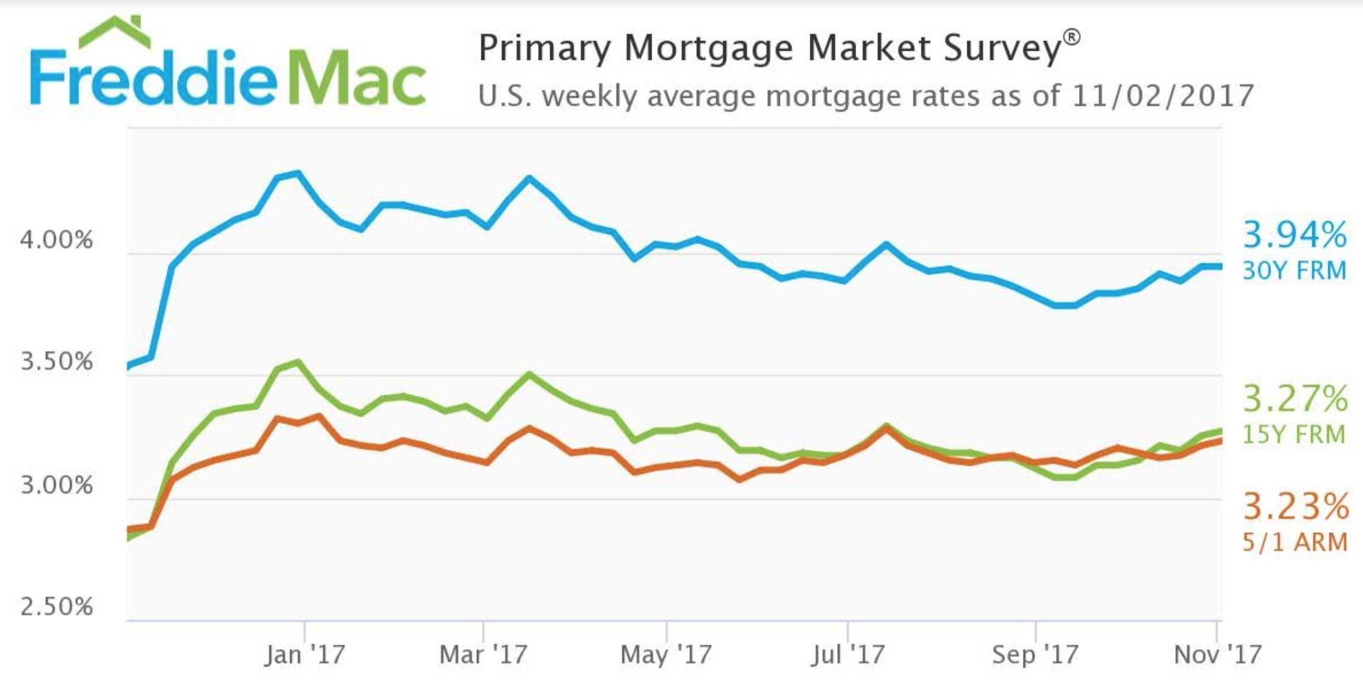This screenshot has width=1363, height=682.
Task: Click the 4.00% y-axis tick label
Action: coord(56,240)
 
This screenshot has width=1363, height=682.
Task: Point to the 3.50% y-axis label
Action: coord(56,361)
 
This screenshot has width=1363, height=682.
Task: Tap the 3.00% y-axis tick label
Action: coord(56,485)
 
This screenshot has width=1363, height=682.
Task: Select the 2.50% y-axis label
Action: coord(56,606)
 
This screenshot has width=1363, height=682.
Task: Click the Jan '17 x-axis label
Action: coord(305,654)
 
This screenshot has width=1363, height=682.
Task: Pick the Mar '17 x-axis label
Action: coord(483,654)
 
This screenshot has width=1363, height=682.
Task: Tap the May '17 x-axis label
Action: coord(666,654)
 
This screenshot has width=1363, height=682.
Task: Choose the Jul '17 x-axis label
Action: coord(848,654)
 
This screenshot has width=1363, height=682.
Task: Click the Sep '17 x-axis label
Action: coord(1035,654)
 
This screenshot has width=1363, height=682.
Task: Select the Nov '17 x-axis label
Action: coord(1218,654)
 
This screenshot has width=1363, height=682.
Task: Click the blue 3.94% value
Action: coord(1295,235)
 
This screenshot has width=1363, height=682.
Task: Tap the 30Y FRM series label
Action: coord(1295,270)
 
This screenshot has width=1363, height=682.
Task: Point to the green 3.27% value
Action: coord(1295,398)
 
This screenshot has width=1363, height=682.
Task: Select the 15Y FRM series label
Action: coord(1295,434)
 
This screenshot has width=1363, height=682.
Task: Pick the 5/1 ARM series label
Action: coord(1295,542)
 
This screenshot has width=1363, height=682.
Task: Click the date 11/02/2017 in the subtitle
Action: coord(1163,96)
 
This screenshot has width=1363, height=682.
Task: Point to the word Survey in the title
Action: coord(1002,48)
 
